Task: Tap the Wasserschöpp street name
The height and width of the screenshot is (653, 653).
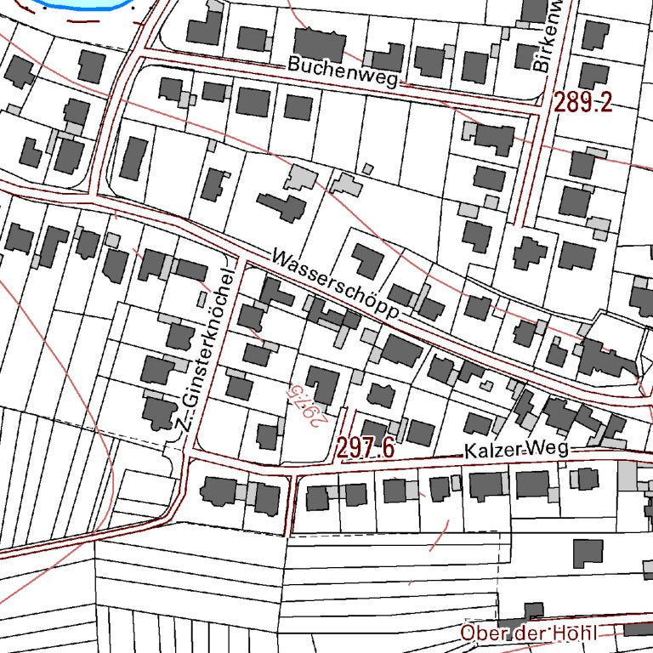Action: (x=336, y=285)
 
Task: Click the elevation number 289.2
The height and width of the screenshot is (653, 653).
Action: (x=583, y=103)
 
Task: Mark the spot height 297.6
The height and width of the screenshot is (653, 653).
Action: (x=365, y=448)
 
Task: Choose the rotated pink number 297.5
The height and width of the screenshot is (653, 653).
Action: (x=304, y=405)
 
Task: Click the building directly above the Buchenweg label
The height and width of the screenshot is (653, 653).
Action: (x=320, y=44)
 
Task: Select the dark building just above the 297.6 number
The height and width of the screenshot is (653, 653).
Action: (x=374, y=429)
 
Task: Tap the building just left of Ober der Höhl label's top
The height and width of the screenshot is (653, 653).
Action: (x=532, y=610)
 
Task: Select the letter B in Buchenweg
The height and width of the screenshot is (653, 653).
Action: (x=293, y=64)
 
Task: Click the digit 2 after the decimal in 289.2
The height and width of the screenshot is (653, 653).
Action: (x=605, y=103)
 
